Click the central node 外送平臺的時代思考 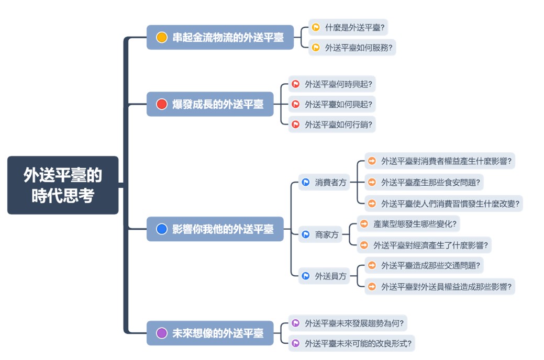(63, 185)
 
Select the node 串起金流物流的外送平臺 (220, 37)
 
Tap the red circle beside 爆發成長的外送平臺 (162, 104)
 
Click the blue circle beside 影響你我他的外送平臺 (162, 229)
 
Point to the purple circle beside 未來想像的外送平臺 (162, 333)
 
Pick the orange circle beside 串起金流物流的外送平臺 (162, 37)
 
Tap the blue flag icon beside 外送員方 (306, 276)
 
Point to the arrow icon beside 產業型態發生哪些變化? (364, 224)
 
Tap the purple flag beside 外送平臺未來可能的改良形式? (296, 343)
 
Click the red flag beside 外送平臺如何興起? (296, 104)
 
